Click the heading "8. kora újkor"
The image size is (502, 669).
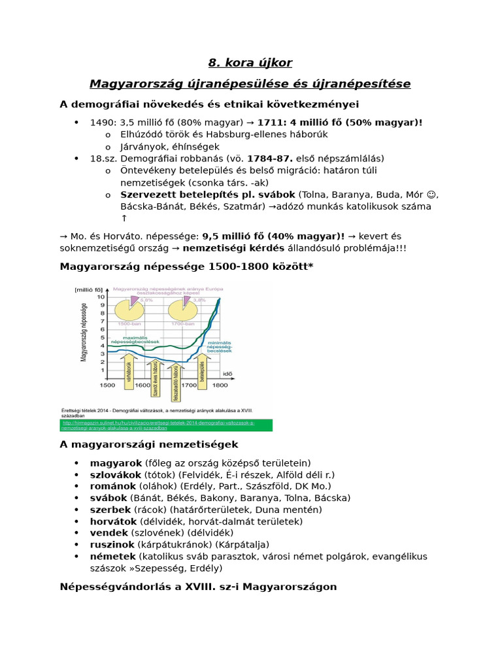[250, 63]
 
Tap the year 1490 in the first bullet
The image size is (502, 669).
[103, 122]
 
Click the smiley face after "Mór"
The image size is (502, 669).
[431, 195]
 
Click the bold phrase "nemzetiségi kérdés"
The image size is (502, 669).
[233, 248]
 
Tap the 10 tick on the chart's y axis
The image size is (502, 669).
[100, 297]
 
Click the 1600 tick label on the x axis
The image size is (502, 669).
[142, 385]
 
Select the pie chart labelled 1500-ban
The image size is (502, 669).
[129, 310]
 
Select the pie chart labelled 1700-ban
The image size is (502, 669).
[183, 310]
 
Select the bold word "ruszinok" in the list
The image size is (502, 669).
[112, 544]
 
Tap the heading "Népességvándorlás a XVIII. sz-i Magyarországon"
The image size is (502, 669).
[198, 587]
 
